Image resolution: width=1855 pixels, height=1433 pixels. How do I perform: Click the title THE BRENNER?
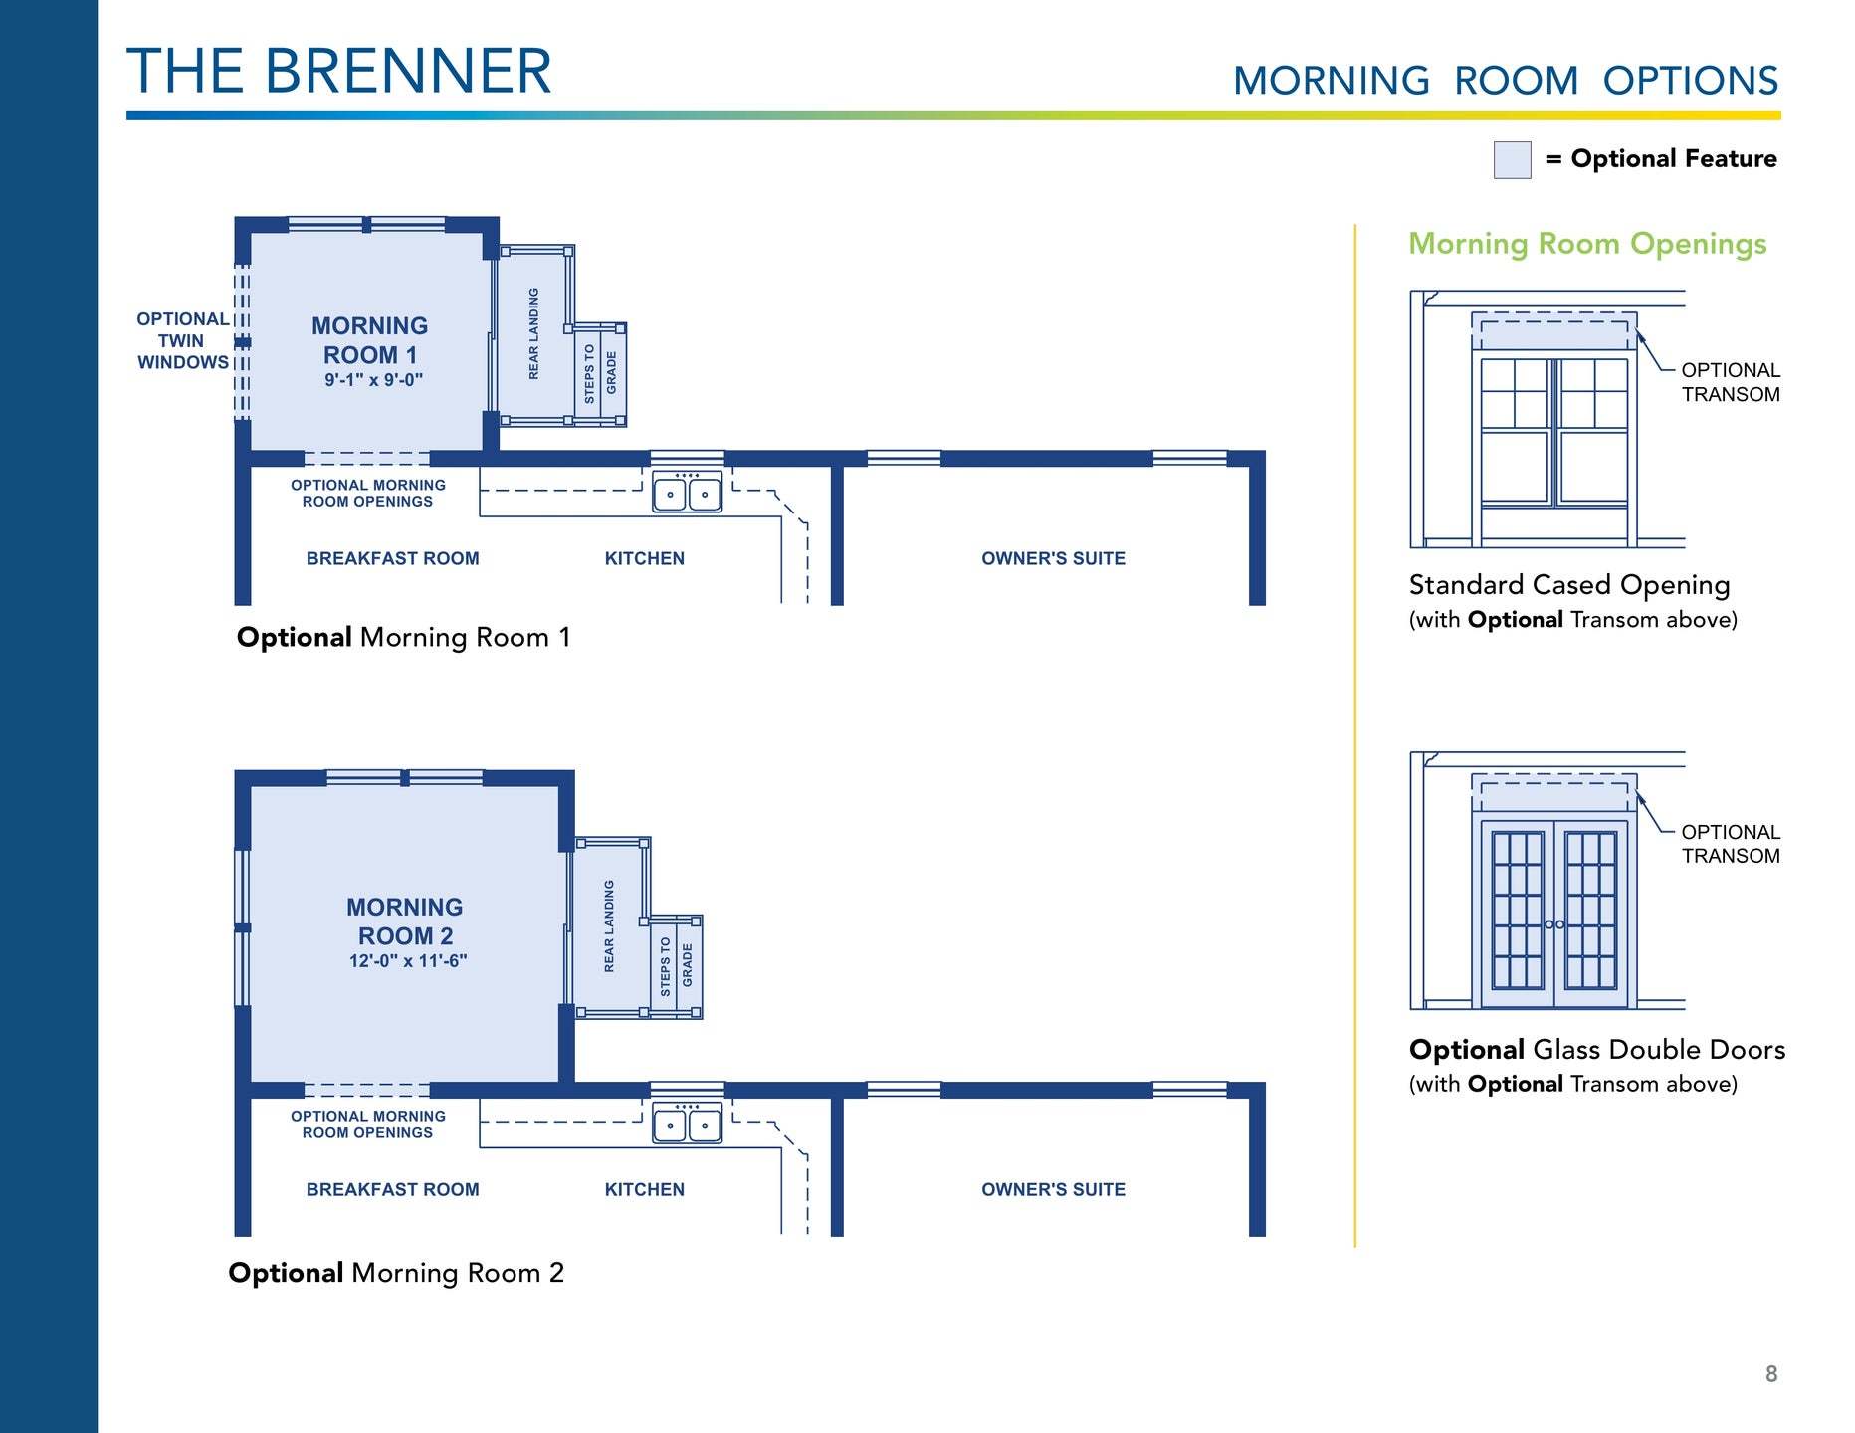339,71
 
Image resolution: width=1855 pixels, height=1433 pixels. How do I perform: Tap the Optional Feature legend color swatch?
1512,159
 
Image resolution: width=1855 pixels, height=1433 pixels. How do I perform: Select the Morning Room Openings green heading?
1587,245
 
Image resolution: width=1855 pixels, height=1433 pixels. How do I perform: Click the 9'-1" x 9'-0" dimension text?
373,380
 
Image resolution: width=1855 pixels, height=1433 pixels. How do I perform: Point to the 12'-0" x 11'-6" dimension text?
408,961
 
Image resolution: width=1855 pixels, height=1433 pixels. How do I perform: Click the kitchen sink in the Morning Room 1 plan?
687,493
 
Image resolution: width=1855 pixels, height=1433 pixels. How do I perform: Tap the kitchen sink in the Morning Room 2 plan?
687,1124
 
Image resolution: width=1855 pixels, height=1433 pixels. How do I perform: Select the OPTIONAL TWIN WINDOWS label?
183,340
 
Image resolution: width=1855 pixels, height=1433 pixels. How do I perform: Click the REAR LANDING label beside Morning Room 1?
533,333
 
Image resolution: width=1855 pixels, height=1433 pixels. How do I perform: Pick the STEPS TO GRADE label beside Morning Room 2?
676,965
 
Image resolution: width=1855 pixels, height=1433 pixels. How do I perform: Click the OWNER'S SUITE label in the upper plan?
1053,559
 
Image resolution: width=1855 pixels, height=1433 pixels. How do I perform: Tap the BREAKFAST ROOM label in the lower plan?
392,1190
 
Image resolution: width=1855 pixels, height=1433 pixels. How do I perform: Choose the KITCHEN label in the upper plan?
645,559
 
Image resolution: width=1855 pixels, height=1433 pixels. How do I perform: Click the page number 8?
1771,1374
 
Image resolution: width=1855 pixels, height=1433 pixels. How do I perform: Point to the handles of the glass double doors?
1554,924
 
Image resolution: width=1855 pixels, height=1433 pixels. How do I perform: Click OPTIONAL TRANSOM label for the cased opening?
1731,382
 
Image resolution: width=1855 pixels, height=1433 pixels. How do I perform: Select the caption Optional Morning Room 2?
396,1274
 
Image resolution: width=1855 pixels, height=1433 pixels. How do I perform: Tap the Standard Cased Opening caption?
1569,586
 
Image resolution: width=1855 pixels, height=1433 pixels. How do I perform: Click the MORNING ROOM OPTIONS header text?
1506,81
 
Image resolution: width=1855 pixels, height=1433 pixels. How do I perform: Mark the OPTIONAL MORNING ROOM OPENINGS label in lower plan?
368,1125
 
